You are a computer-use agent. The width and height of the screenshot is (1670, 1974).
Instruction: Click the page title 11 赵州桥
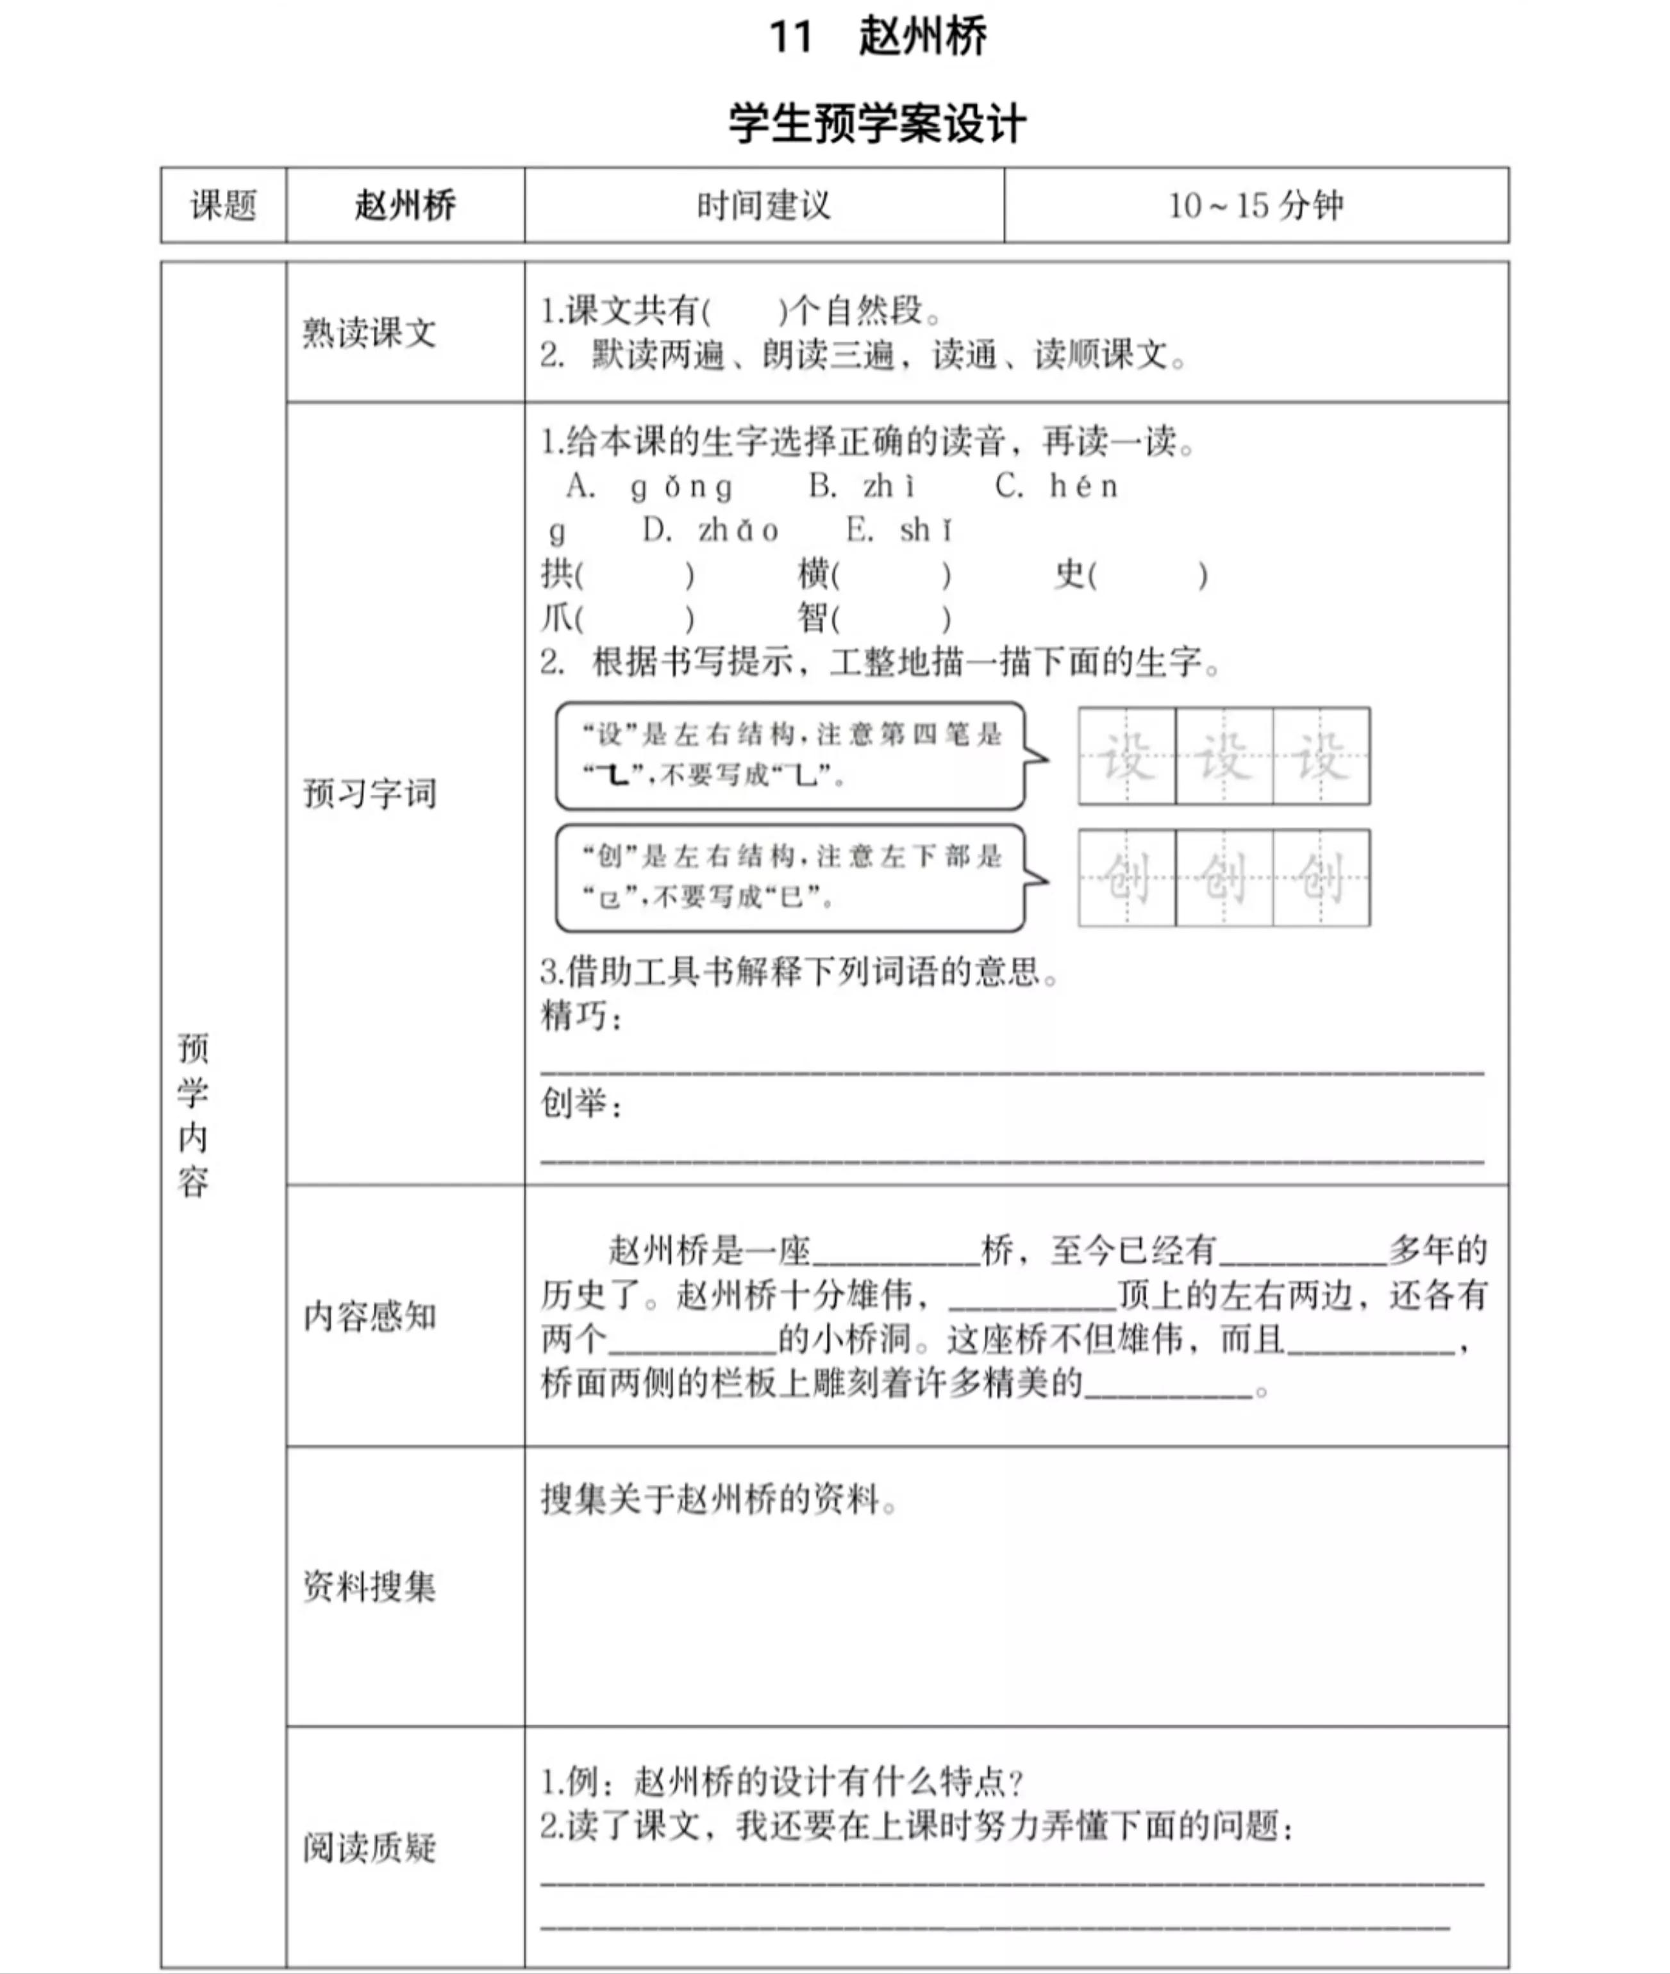[x=878, y=38]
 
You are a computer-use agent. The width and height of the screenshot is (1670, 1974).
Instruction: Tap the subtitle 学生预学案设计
[x=878, y=123]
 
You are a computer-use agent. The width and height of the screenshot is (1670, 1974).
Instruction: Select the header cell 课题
[x=224, y=205]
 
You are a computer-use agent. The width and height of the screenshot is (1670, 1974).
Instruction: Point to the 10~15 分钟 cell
[x=1255, y=205]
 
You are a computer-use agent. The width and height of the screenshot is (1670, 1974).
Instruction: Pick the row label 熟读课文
[x=369, y=332]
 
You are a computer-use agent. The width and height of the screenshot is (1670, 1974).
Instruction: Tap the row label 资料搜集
[x=369, y=1586]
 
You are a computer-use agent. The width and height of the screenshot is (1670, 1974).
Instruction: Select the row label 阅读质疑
[x=369, y=1847]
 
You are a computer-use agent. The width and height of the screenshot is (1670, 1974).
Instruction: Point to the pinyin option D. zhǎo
[x=710, y=530]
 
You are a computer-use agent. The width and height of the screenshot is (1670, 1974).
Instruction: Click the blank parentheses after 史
[x=1148, y=574]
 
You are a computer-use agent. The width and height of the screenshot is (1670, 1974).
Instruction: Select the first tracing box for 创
[x=1126, y=878]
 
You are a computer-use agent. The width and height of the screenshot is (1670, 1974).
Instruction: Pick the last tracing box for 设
[x=1321, y=755]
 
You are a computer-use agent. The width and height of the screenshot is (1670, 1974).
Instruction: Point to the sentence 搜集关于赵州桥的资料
[x=719, y=1500]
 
